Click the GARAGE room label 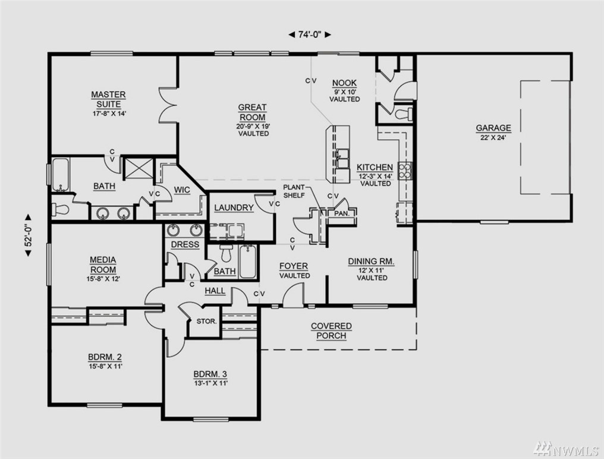pyautogui.click(x=493, y=128)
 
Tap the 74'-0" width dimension pyautogui.click(x=310, y=34)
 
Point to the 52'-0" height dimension pyautogui.click(x=28, y=235)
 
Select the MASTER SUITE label pyautogui.click(x=109, y=99)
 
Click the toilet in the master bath pyautogui.click(x=61, y=210)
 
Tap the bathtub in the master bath pyautogui.click(x=61, y=175)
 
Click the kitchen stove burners pyautogui.click(x=405, y=171)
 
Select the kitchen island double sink pyautogui.click(x=342, y=158)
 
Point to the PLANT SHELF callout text pyautogui.click(x=294, y=191)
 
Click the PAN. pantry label pyautogui.click(x=341, y=213)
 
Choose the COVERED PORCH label pyautogui.click(x=331, y=331)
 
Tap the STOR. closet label pyautogui.click(x=206, y=321)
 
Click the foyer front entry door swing pyautogui.click(x=293, y=295)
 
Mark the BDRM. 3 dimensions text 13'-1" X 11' pyautogui.click(x=210, y=383)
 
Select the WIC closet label pyautogui.click(x=182, y=190)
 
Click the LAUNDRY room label pyautogui.click(x=234, y=208)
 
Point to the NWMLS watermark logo pyautogui.click(x=565, y=448)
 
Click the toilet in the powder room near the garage pyautogui.click(x=404, y=114)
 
